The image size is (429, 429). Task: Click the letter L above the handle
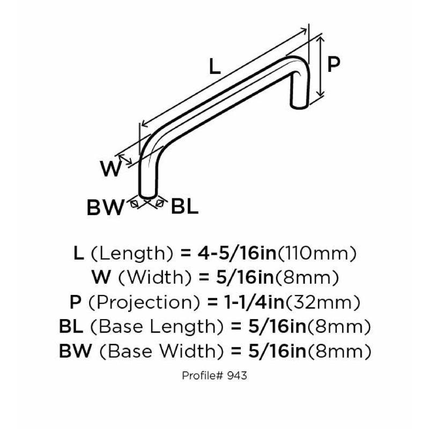click(215, 67)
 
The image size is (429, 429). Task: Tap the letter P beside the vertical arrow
click(334, 64)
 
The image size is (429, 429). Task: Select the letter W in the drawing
click(110, 168)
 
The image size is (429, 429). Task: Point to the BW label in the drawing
click(105, 208)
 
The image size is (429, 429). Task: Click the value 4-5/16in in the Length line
click(237, 253)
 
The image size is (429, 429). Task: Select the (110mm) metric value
click(317, 254)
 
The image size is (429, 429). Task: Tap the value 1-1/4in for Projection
click(254, 302)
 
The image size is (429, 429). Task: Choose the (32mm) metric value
click(323, 302)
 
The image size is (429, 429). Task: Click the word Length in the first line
click(132, 254)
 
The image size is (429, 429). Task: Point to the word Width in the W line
click(155, 278)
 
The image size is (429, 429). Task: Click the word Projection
click(144, 302)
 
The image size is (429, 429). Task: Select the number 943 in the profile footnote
click(237, 375)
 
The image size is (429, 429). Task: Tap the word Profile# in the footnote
click(203, 375)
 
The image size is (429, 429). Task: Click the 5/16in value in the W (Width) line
click(245, 277)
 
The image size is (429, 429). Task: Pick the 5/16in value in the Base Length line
click(277, 327)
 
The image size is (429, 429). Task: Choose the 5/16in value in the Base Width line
click(277, 351)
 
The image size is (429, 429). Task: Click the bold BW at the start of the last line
click(75, 351)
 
